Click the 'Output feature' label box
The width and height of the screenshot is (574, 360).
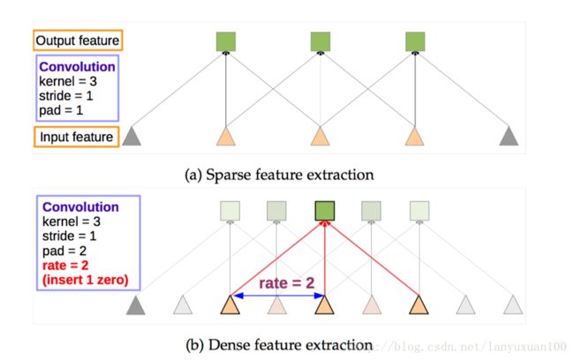pyautogui.click(x=78, y=41)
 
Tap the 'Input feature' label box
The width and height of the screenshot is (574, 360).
pyautogui.click(x=77, y=137)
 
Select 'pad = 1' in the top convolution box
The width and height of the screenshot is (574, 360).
pyautogui.click(x=61, y=110)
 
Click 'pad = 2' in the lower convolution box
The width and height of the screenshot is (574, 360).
pyautogui.click(x=64, y=251)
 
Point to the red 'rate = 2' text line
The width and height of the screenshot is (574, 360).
pyautogui.click(x=65, y=266)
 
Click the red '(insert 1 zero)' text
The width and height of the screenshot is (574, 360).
pyautogui.click(x=86, y=280)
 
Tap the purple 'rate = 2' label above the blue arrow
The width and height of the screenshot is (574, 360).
pyautogui.click(x=287, y=283)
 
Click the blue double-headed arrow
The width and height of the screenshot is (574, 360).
pyautogui.click(x=278, y=296)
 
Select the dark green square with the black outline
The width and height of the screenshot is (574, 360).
pyautogui.click(x=325, y=211)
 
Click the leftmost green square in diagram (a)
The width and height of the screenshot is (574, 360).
pyautogui.click(x=226, y=41)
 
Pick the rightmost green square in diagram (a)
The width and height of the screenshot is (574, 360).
pyautogui.click(x=415, y=41)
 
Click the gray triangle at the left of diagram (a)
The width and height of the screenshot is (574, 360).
pyautogui.click(x=132, y=136)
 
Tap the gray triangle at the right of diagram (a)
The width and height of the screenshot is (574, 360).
pyautogui.click(x=509, y=136)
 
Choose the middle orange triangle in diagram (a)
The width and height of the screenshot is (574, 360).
pyautogui.click(x=321, y=136)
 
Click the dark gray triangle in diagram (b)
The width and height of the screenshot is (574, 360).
pyautogui.click(x=136, y=305)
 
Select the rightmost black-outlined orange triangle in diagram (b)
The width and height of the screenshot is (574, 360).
pyautogui.click(x=419, y=305)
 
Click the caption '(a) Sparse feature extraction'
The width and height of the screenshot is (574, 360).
pyautogui.click(x=279, y=175)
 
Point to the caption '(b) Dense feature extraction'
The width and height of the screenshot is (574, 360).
pyautogui.click(x=279, y=345)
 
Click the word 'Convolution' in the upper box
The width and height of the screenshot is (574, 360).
pyautogui.click(x=77, y=66)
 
